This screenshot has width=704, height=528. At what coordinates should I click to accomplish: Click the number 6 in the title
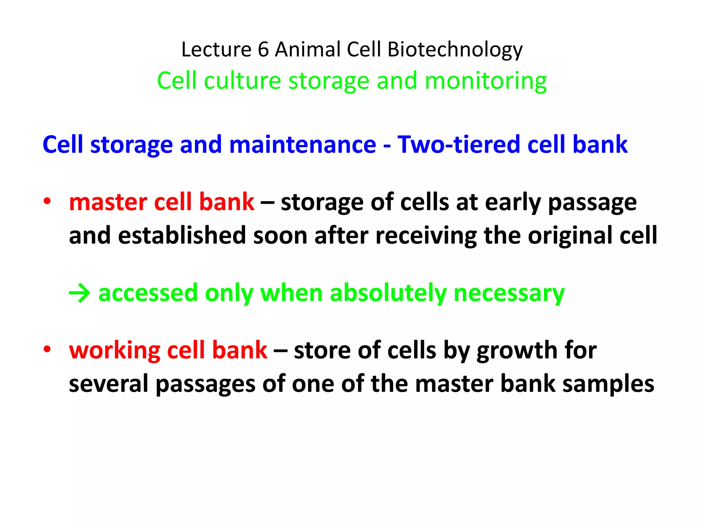pyautogui.click(x=263, y=49)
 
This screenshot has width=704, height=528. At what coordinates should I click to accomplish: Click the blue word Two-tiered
pyautogui.click(x=459, y=144)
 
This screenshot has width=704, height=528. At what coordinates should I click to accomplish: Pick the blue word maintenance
pyautogui.click(x=302, y=144)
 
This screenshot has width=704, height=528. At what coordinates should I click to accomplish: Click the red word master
pyautogui.click(x=108, y=202)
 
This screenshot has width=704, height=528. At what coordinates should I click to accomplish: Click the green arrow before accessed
pyautogui.click(x=79, y=294)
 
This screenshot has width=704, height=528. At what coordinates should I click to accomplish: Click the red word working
pyautogui.click(x=114, y=351)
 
